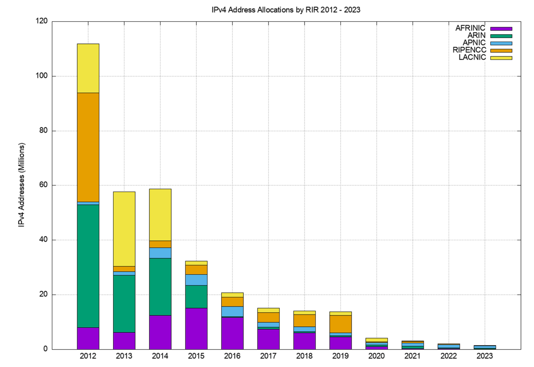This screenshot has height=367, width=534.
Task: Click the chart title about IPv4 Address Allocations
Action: [286, 10]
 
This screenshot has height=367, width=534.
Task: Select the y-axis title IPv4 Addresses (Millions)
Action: [22, 185]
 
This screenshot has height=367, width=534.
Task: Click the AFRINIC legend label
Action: [470, 28]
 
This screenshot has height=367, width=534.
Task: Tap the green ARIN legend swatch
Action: [501, 36]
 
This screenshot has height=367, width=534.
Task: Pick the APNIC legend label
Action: [474, 43]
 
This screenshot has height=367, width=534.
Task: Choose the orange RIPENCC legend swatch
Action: [501, 50]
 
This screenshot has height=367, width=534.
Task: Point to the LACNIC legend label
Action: [472, 57]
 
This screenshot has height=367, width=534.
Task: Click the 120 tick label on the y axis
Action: [41, 21]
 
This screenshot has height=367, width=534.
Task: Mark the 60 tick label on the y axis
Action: [43, 185]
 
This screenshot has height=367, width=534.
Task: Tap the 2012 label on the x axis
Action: [88, 356]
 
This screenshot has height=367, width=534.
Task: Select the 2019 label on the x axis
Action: [340, 356]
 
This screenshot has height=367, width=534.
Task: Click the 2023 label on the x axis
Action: [485, 356]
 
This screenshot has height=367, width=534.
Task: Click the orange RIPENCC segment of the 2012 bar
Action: [88, 147]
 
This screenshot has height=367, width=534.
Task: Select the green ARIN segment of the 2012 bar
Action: [88, 266]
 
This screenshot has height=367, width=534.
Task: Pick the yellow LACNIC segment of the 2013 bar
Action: [124, 229]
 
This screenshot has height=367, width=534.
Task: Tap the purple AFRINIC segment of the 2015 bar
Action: [196, 328]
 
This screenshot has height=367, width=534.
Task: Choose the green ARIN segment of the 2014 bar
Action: [160, 287]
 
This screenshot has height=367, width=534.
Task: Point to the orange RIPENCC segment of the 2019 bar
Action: [340, 324]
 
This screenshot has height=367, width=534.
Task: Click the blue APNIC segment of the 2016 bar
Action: [232, 311]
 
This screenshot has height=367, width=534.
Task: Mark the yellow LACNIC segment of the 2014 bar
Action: [160, 215]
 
